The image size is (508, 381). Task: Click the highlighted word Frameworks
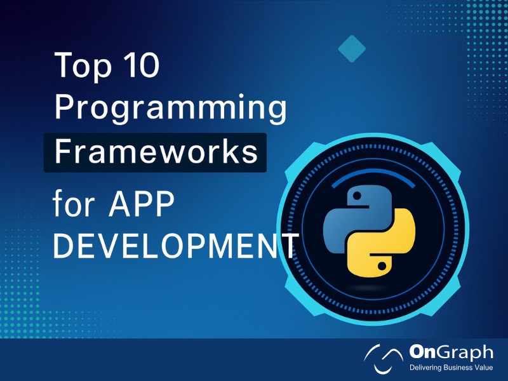156,153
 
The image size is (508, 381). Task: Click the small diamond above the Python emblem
351,49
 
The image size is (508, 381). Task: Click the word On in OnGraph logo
424,352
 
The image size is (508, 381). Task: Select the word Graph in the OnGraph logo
466,353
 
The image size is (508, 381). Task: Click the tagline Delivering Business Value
451,369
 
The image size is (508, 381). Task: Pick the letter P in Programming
63,110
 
